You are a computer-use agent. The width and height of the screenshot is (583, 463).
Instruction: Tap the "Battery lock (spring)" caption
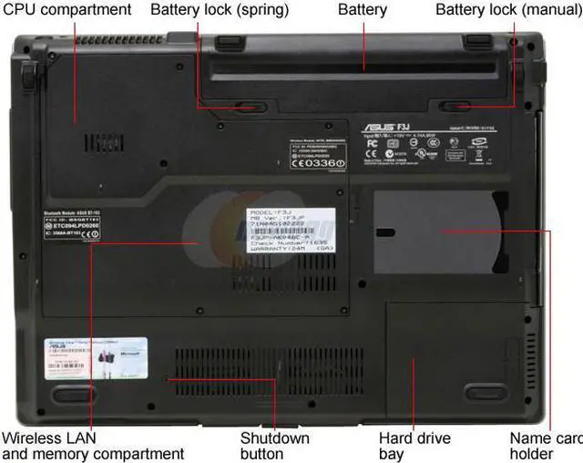[x=220, y=10]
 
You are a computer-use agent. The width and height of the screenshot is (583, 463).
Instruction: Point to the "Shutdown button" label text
[x=274, y=446]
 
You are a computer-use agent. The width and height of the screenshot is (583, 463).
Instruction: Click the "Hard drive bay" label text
[x=414, y=446]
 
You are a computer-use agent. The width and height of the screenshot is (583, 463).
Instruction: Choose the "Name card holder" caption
[x=545, y=446]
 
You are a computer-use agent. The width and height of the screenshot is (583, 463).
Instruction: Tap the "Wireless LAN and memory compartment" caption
[x=91, y=446]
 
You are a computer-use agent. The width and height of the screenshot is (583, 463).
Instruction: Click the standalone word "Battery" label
[x=363, y=10]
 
